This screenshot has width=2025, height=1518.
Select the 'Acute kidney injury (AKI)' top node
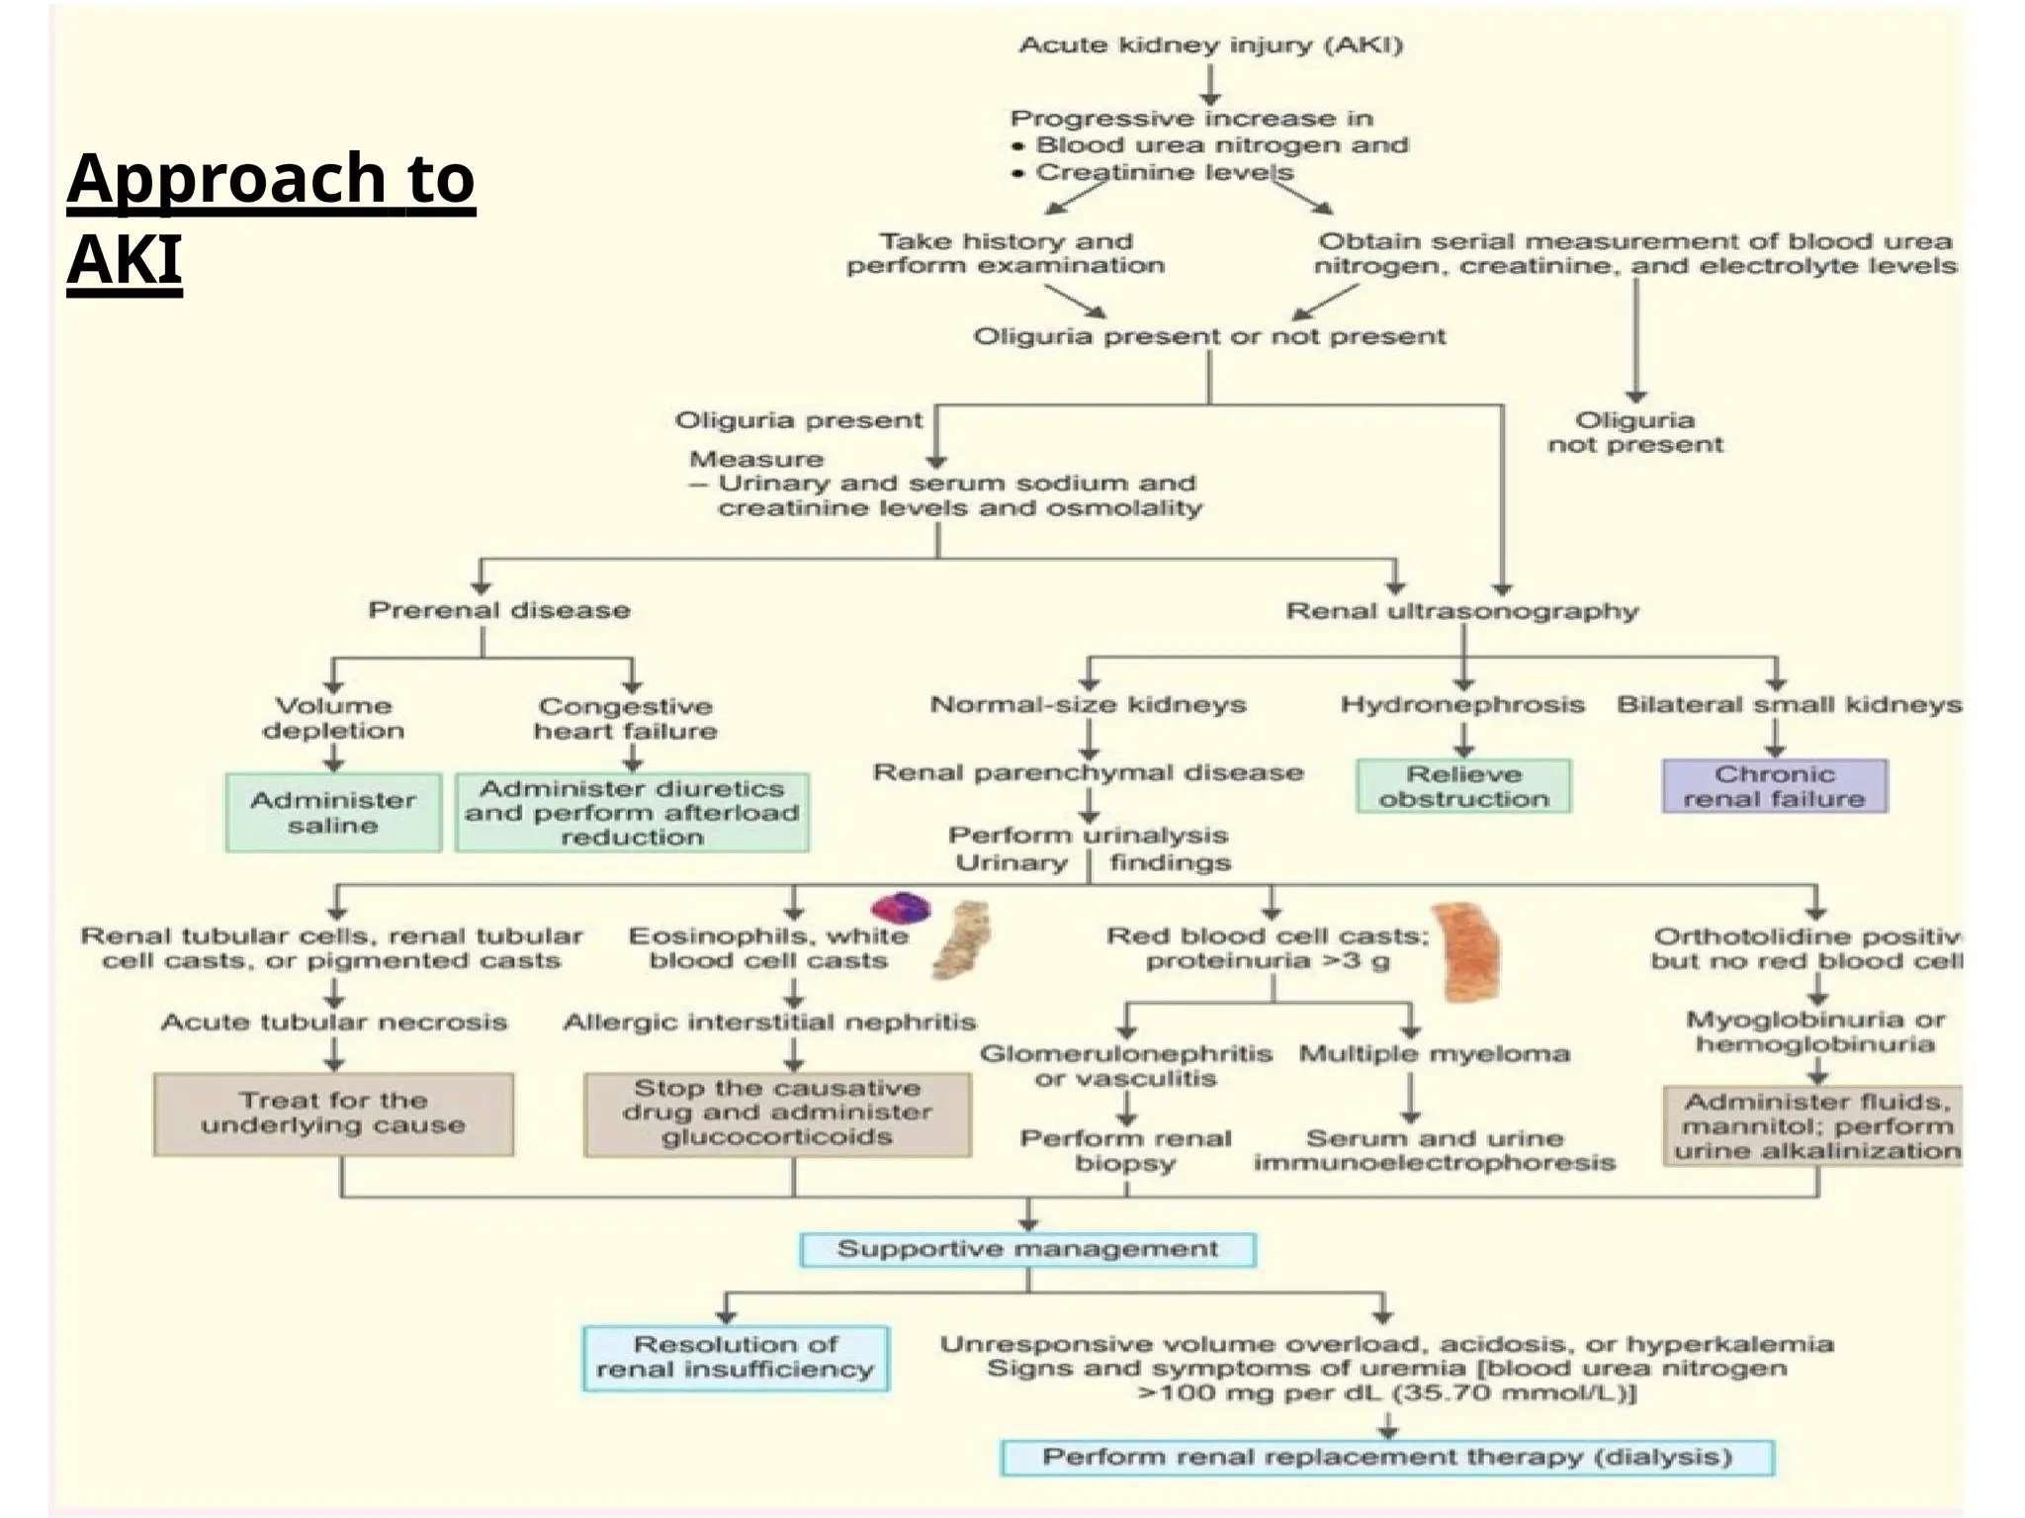coord(1210,45)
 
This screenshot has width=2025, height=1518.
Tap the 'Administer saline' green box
coord(333,812)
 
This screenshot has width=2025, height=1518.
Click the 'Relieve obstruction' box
coord(1463,786)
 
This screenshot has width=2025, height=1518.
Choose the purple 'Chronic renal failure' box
coord(1774,786)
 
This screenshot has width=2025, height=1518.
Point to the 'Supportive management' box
coord(1027,1249)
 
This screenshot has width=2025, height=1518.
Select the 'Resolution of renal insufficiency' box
coord(735,1357)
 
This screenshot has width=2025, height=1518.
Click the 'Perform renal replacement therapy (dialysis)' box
coord(1387,1457)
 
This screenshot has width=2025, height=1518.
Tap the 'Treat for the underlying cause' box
coord(333,1114)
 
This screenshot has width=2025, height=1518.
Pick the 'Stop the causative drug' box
coord(777,1114)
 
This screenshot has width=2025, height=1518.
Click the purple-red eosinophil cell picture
coord(901,907)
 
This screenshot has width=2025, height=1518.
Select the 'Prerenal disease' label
coord(499,609)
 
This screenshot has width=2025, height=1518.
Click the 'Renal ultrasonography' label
coord(1461,611)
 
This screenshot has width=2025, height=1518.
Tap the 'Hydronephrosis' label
coord(1462,704)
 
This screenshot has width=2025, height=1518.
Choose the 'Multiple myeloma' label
coord(1434,1053)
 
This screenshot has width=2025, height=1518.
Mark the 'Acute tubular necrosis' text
coord(334,1022)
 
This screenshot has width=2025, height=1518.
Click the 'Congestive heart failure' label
coord(625,719)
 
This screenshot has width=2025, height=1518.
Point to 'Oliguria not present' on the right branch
coord(1634,432)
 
